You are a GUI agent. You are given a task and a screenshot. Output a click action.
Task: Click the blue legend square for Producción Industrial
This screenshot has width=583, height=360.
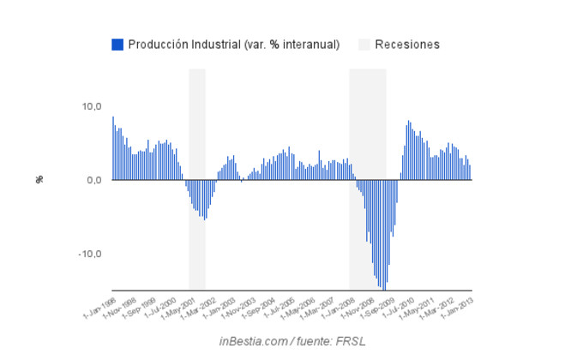click(x=117, y=45)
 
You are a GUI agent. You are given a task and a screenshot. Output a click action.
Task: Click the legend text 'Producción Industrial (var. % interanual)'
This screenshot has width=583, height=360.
click(x=234, y=45)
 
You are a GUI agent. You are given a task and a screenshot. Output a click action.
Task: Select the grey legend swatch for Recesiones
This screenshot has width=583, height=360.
click(x=364, y=45)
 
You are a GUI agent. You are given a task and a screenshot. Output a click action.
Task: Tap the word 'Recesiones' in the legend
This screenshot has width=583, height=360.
click(x=407, y=45)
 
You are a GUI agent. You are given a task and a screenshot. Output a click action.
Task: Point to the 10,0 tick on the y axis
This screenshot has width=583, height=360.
click(x=92, y=106)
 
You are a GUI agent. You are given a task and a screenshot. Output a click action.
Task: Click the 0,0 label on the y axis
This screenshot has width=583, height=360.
click(x=93, y=180)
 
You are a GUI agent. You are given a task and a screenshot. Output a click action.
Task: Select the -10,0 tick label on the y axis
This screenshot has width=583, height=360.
click(x=90, y=254)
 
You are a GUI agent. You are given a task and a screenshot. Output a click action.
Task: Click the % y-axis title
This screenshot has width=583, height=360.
click(x=39, y=179)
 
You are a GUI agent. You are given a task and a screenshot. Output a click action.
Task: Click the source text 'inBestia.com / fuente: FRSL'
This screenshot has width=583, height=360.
click(x=291, y=341)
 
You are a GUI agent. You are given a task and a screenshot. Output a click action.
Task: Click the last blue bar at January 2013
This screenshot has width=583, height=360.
click(x=470, y=172)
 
